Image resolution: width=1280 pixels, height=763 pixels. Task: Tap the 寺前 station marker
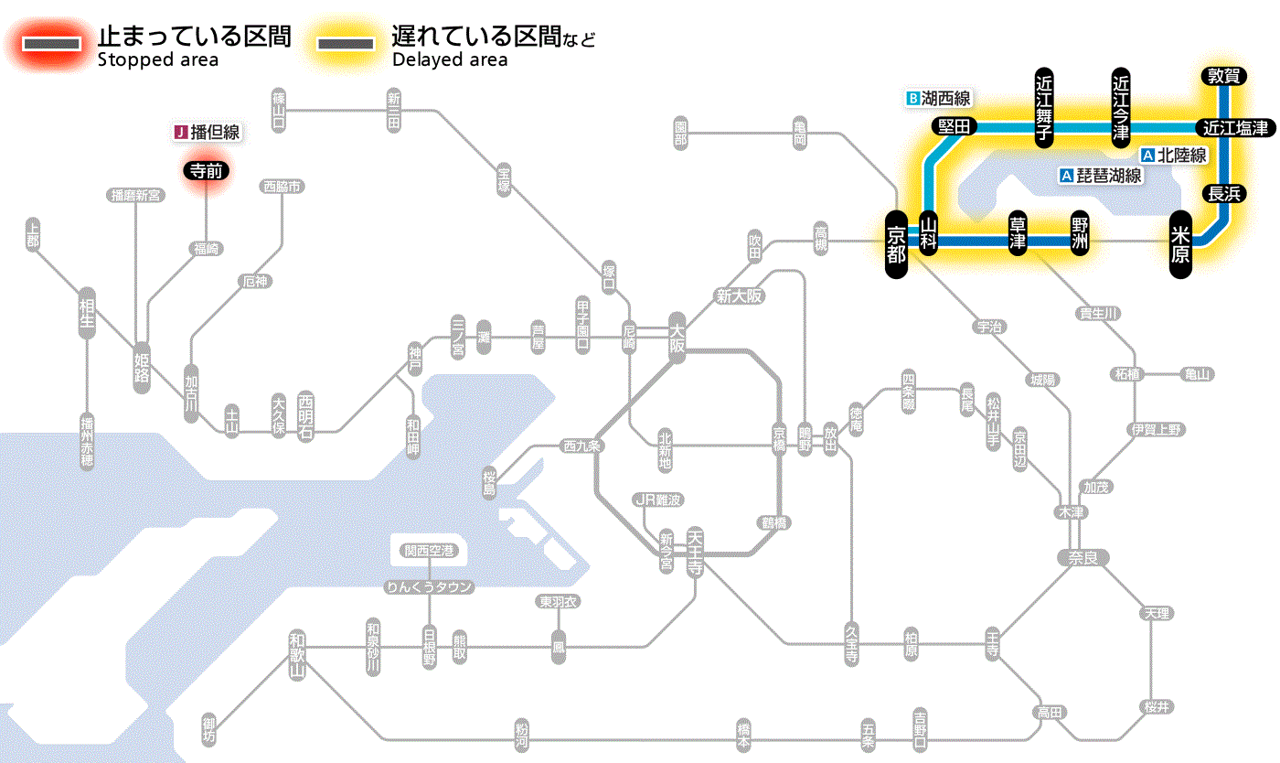(206, 169)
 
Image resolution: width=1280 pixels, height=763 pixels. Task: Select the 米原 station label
(1180, 243)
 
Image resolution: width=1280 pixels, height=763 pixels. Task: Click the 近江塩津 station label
(1235, 127)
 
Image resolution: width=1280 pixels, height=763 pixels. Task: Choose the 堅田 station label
(954, 126)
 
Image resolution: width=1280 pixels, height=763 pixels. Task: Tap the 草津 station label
(1018, 234)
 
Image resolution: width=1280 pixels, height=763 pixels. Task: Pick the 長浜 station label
(1222, 193)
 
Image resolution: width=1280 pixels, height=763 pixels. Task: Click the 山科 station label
(929, 234)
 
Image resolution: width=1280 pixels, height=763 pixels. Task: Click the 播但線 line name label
(215, 133)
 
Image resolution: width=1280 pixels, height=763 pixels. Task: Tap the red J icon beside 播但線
(180, 133)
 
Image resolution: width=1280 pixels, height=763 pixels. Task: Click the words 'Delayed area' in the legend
(450, 59)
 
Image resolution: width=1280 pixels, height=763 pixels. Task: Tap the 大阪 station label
(677, 339)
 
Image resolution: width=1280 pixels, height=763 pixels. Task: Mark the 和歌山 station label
(297, 655)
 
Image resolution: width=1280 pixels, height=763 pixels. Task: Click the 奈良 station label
(1082, 557)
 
